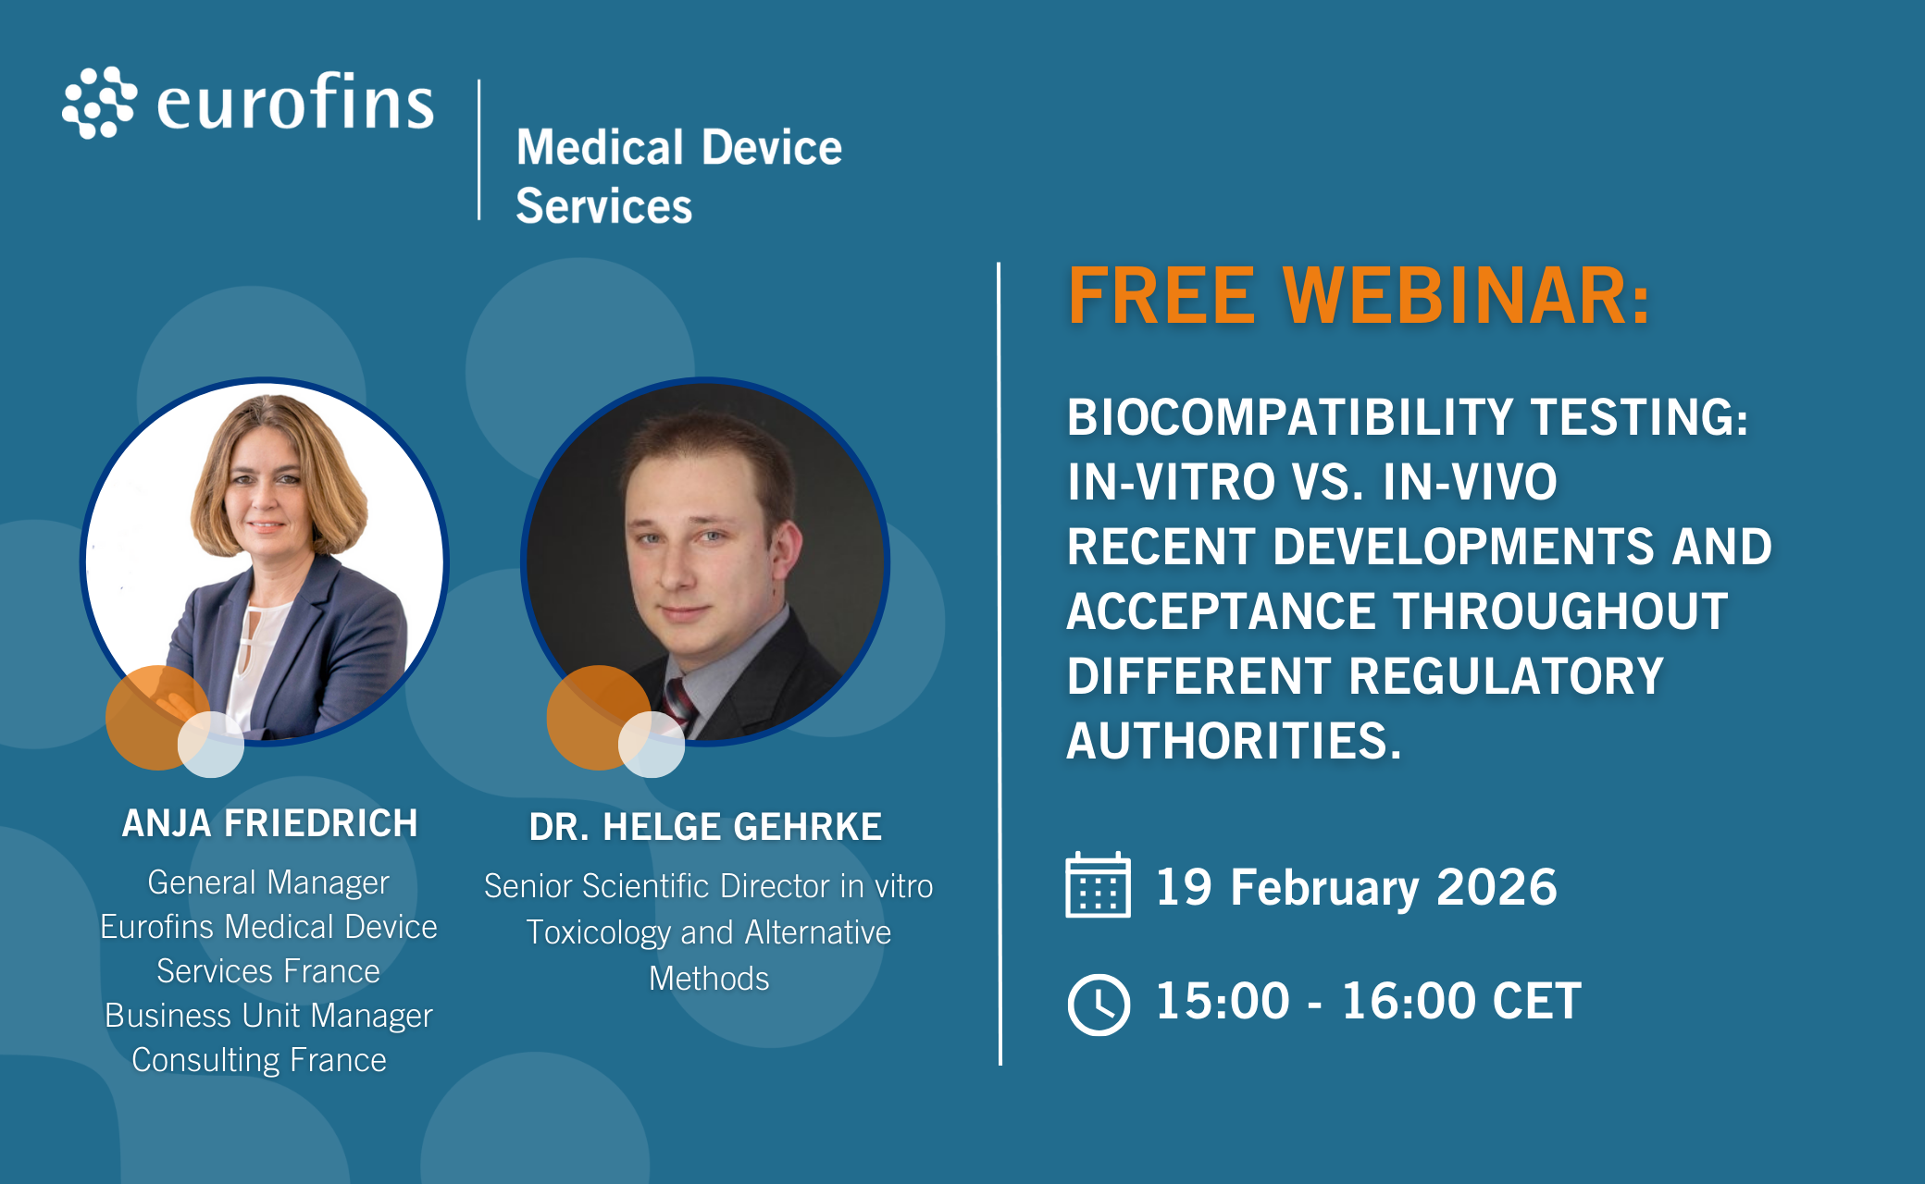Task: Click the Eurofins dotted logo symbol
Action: click(99, 102)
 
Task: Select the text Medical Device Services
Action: click(678, 176)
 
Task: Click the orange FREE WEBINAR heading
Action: click(1359, 296)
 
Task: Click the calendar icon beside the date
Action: click(1098, 884)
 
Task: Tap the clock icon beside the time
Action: click(1099, 1004)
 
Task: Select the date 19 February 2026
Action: click(1356, 887)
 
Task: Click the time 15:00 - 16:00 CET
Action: click(1369, 1001)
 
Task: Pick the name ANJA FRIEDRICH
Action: click(270, 823)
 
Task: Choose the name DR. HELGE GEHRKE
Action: click(705, 827)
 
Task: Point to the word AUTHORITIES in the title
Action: click(1234, 741)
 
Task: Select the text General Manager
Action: click(268, 882)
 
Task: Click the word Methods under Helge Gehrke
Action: click(709, 979)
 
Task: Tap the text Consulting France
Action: click(259, 1060)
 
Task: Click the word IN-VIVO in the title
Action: click(1470, 482)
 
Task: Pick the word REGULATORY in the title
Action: click(1506, 676)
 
